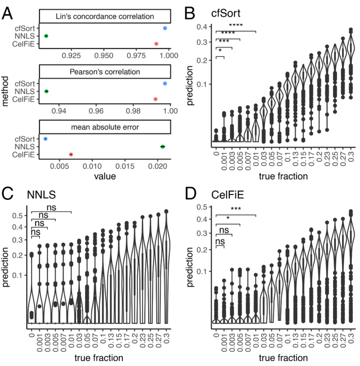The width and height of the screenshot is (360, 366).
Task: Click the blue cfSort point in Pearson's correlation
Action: coord(165,84)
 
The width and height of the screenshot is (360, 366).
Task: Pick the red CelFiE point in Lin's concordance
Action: coord(156,43)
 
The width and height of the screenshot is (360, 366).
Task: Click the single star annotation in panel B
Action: coord(220,51)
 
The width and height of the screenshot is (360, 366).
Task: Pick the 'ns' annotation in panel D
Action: coord(220,240)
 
